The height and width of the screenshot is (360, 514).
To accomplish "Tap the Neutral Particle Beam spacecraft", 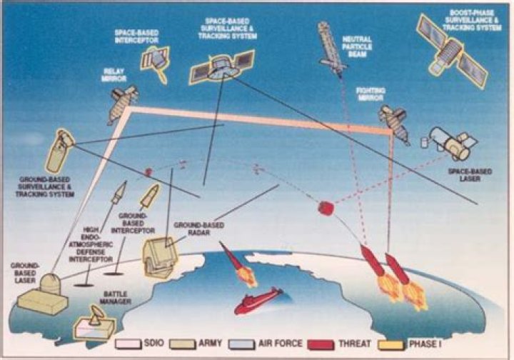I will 333,46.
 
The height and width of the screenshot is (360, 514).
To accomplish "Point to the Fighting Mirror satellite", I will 393,121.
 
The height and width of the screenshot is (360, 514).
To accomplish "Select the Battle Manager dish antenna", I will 96,314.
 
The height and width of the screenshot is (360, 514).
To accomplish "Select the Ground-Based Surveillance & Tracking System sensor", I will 59,150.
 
